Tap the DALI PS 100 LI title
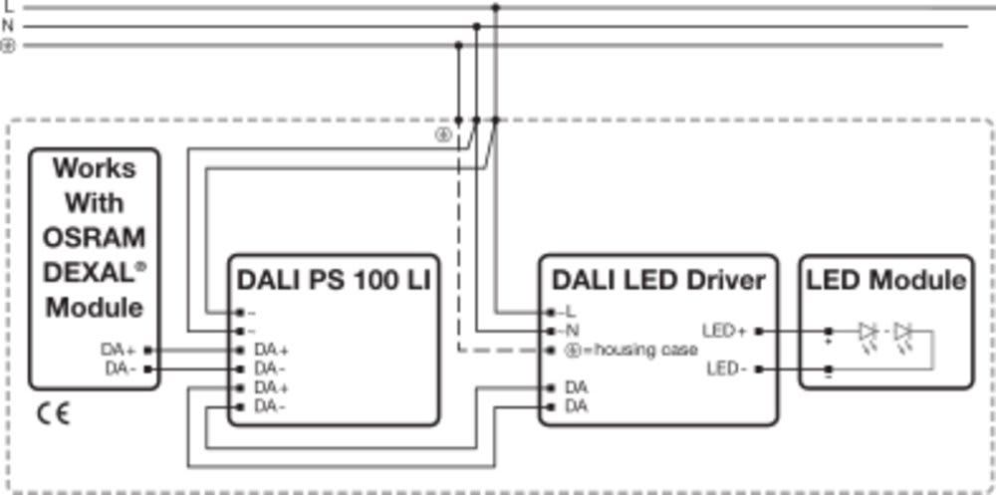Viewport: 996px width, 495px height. [334, 280]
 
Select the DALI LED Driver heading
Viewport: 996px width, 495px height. [659, 280]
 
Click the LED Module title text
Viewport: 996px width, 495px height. [886, 280]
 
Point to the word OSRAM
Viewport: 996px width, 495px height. [95, 238]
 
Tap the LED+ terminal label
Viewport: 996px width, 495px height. [725, 331]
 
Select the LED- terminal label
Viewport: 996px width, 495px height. [727, 370]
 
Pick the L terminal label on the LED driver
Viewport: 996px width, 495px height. [571, 312]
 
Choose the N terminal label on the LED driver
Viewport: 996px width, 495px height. [572, 331]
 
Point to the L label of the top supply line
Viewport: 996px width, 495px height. [8, 6]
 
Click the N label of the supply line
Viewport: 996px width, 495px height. [8, 26]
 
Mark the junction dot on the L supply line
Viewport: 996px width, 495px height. [495, 7]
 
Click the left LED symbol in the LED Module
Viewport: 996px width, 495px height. [868, 332]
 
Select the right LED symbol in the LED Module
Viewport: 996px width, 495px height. [904, 332]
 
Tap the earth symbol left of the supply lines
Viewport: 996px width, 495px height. [8, 46]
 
